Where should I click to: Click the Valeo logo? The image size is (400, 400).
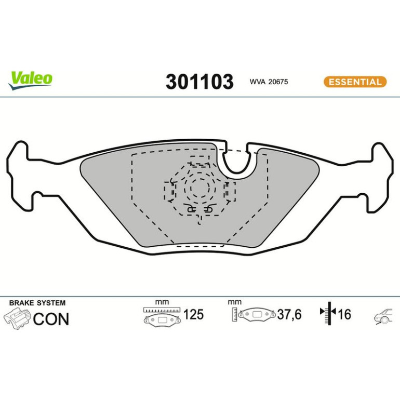coord(30,81)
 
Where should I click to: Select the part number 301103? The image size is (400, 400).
coord(199,82)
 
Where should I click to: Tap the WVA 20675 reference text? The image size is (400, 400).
coord(269,82)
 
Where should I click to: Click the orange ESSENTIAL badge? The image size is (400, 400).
coord(355,82)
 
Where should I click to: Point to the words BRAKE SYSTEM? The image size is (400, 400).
coord(37,303)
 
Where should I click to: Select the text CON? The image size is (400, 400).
coord(51,319)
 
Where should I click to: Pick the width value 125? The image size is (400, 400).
coord(193,314)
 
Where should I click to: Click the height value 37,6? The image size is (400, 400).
coord(289,314)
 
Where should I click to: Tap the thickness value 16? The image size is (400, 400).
coord(344,314)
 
